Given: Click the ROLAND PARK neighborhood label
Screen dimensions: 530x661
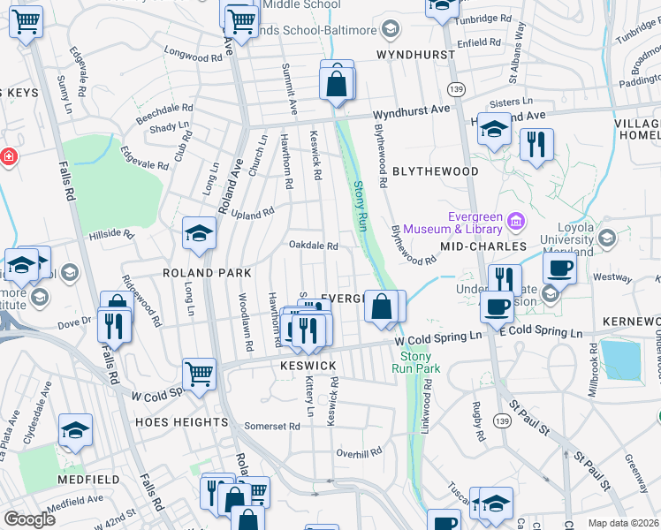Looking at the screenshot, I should click(x=206, y=274).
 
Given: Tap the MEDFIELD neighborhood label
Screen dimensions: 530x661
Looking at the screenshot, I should click(x=88, y=480).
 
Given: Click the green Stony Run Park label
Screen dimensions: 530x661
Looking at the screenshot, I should click(x=410, y=360).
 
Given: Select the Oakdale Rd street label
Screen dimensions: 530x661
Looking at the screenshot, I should click(x=314, y=246).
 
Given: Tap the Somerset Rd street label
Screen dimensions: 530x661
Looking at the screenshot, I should click(x=272, y=426).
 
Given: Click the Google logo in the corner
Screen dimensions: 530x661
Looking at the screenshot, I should click(x=29, y=519).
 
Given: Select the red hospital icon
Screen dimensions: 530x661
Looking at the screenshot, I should click(x=8, y=156).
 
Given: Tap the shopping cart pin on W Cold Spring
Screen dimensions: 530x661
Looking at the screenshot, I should click(x=199, y=372).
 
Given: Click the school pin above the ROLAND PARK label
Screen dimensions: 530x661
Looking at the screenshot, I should click(x=199, y=233).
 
